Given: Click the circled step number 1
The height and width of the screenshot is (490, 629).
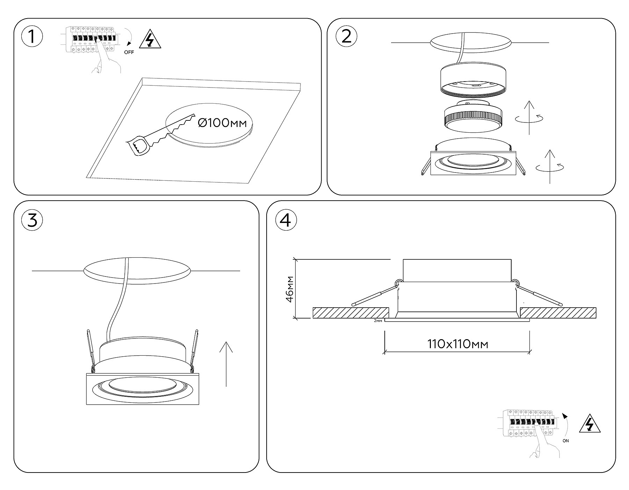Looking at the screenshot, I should (x=32, y=36).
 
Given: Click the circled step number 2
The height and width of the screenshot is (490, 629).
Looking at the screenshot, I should (x=346, y=36).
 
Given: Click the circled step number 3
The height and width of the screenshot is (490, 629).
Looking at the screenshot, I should (x=32, y=220).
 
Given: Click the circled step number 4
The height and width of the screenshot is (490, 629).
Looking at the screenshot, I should (x=286, y=220).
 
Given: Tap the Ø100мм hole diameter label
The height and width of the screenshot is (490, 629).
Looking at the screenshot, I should (x=222, y=123).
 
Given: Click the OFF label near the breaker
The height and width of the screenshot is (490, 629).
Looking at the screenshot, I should (x=129, y=52).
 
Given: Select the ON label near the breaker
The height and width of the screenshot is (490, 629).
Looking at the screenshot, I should (x=566, y=441).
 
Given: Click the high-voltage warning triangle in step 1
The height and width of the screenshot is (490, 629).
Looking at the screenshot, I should (x=150, y=39).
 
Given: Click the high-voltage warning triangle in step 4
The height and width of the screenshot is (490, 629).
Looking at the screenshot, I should (x=590, y=424).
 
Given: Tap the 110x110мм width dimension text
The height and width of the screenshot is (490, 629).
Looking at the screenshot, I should (x=457, y=344).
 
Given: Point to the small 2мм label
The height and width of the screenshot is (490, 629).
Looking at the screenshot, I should (x=378, y=321).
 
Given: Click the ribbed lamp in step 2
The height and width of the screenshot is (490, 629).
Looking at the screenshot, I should (x=472, y=118).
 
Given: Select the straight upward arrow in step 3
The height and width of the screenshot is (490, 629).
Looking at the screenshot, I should (x=226, y=364).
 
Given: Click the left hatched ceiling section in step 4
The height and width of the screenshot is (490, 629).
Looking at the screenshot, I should (x=351, y=313).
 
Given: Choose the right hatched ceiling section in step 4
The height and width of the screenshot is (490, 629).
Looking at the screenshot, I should (x=558, y=313).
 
